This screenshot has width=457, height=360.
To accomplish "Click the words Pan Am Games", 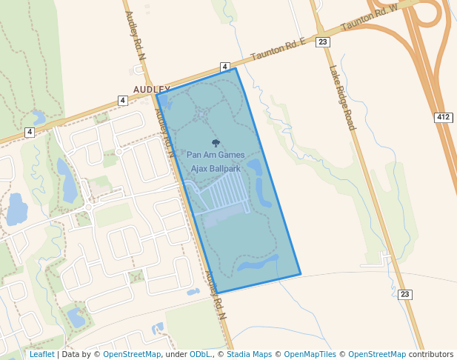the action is point(216,155).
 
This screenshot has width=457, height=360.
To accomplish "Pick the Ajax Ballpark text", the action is point(216,169).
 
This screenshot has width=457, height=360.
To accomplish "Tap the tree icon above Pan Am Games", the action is point(216,143).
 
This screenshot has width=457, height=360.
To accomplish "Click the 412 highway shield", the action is point(443,118).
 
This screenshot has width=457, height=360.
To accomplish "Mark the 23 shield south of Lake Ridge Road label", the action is point(404,294).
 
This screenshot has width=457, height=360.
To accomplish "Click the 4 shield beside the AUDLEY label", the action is point(122,100).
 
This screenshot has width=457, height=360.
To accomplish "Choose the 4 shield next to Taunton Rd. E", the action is point(224,67).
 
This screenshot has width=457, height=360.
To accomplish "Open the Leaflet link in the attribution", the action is point(41,354).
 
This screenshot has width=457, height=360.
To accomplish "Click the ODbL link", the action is point(200,354).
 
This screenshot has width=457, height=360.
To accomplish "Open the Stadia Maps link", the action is point(249,354).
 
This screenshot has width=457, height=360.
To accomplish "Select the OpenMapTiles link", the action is point(310,354).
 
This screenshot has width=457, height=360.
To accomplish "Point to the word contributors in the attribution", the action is point(430,354).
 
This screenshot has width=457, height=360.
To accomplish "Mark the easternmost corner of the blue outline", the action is point(301,275).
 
